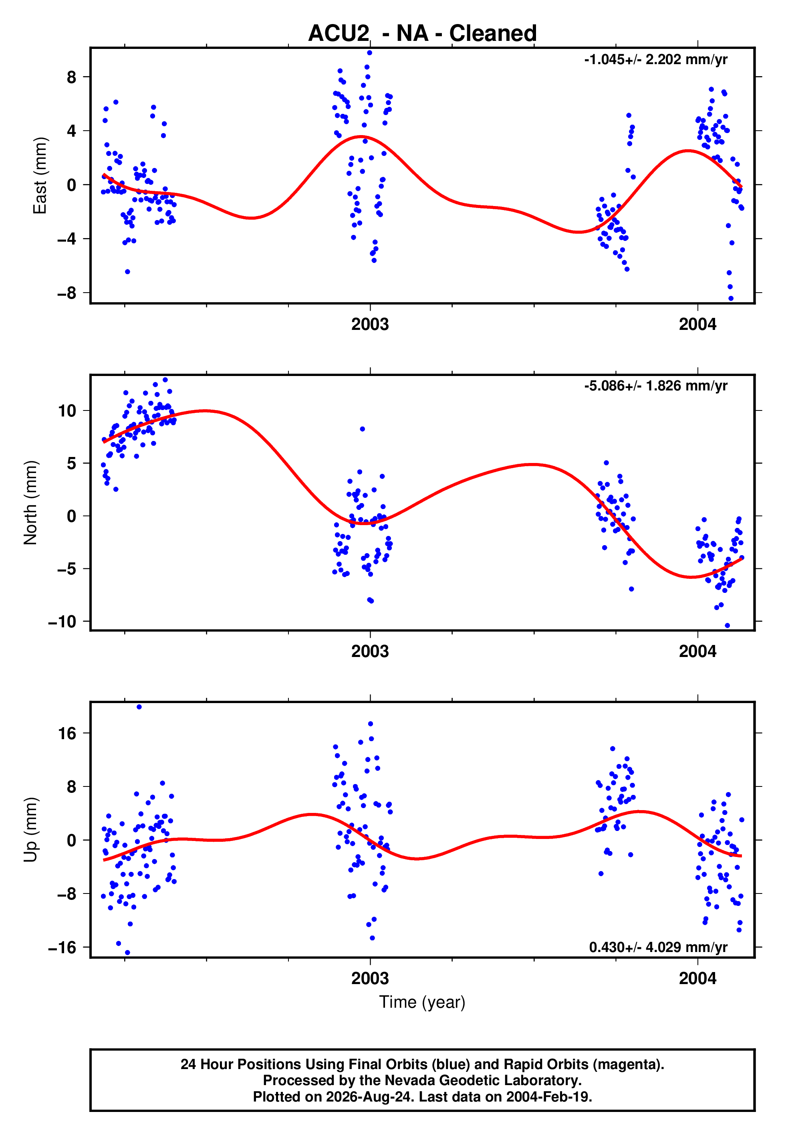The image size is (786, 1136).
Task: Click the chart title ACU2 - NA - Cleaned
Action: pos(422,33)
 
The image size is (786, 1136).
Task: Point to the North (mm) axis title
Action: pos(30,503)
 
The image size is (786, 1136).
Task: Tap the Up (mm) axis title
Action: pos(30,830)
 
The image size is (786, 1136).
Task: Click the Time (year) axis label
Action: pos(422,1002)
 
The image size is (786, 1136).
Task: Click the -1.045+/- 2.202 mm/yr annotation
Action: pos(655,60)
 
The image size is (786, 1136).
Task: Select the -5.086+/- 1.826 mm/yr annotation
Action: pos(655,386)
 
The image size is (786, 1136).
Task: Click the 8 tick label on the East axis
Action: pos(72,77)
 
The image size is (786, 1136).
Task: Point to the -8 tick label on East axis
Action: pos(67,293)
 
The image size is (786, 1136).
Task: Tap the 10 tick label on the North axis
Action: pos(67,410)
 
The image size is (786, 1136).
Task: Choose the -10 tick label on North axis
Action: pos(62,622)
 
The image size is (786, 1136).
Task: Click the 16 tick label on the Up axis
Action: pos(67,734)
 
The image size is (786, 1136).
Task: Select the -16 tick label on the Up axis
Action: pos(62,947)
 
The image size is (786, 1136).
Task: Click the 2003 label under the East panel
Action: pos(370,325)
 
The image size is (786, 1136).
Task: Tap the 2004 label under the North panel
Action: pos(698,651)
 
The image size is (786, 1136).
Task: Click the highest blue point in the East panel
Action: pos(369,53)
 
